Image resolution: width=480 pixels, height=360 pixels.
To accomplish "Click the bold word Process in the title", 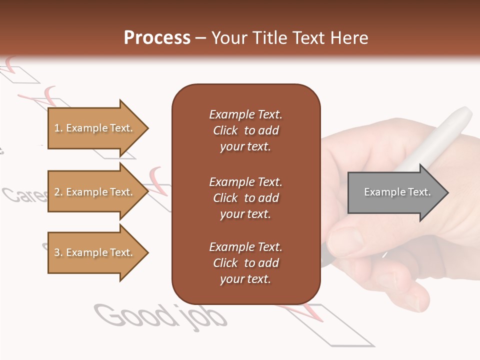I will (x=157, y=37).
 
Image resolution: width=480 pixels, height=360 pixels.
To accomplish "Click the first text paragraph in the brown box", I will (x=245, y=130).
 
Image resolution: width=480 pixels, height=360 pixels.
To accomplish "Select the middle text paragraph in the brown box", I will (x=245, y=198).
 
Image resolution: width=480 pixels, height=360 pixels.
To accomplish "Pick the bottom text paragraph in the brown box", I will (x=245, y=263).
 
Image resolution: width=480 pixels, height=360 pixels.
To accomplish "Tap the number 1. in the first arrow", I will (x=58, y=128).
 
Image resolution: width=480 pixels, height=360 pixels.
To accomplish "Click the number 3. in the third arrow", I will (x=58, y=252).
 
